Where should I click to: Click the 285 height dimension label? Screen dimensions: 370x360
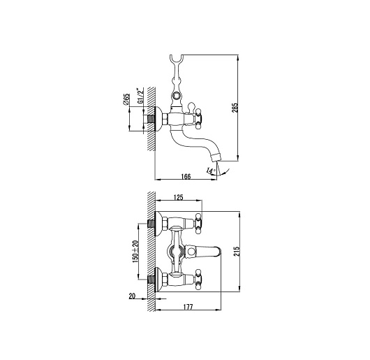click(236, 108)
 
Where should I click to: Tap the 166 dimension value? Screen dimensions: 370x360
click(186, 176)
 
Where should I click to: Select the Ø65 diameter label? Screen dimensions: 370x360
click(126, 99)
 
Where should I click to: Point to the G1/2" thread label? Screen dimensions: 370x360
click(141, 96)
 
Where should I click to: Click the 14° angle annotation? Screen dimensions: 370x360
click(211, 171)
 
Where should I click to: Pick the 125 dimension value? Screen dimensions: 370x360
click(178, 197)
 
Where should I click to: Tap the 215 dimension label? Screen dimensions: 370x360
click(237, 251)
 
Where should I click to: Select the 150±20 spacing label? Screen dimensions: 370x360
click(135, 252)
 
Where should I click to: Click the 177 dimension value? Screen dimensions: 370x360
click(188, 307)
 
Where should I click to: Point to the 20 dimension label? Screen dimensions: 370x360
click(132, 296)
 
